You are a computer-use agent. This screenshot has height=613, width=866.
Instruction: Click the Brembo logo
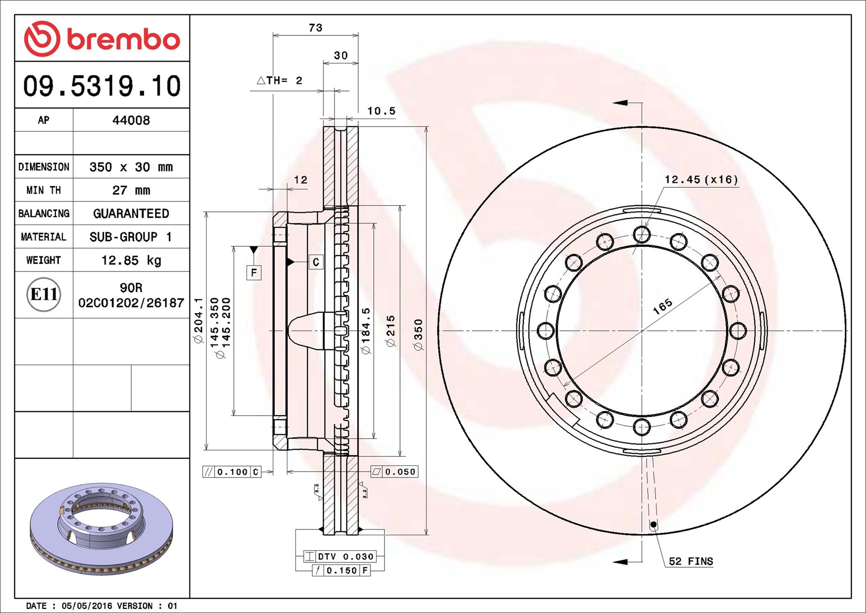click(x=102, y=38)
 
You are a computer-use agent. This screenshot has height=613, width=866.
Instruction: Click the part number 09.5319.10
click(x=102, y=86)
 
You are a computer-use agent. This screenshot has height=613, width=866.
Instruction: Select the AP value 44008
click(x=131, y=120)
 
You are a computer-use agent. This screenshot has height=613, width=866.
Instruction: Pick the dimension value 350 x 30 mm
click(x=131, y=167)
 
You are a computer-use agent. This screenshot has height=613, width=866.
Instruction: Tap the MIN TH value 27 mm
click(x=131, y=190)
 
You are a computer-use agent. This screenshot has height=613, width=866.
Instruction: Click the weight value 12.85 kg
click(x=131, y=260)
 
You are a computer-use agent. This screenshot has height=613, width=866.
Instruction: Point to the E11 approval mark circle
click(x=43, y=294)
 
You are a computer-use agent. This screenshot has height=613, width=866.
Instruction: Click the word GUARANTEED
click(x=131, y=214)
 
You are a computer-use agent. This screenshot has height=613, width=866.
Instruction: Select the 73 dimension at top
click(x=316, y=28)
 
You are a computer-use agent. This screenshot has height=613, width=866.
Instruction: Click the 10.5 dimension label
click(x=381, y=111)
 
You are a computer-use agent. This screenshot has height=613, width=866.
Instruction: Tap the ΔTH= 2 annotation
click(x=280, y=81)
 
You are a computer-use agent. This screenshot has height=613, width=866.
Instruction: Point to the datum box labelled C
click(x=316, y=262)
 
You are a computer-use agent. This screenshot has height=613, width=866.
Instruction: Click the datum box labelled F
click(x=254, y=273)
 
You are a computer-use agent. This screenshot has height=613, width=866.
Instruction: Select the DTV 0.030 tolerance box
click(x=340, y=557)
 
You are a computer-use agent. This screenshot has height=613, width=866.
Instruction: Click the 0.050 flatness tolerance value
click(x=400, y=472)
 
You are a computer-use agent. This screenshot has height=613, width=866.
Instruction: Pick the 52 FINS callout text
click(x=691, y=561)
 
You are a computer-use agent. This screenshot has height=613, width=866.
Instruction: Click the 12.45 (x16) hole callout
click(x=701, y=179)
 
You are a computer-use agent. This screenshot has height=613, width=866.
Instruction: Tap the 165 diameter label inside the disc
click(x=662, y=306)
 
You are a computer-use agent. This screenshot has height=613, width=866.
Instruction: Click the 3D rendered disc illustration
click(x=101, y=529)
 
